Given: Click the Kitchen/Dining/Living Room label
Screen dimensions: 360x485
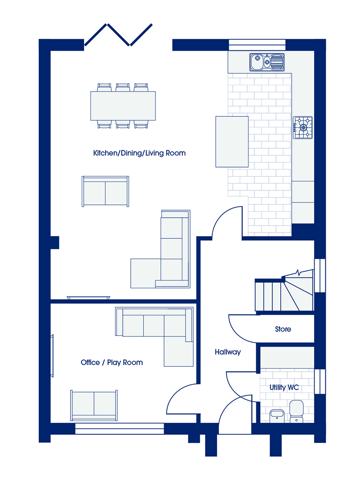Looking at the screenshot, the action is point(139,153).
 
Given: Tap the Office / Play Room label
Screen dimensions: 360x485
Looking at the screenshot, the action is point(112,362).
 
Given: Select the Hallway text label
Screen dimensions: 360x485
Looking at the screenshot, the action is point(228,352).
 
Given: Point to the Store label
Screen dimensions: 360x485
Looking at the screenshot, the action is point(283,329).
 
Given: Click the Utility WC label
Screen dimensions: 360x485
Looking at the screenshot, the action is point(284,388).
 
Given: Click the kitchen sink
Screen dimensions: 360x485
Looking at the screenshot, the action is point(267,62).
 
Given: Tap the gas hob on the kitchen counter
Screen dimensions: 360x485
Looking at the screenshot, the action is point(303,128).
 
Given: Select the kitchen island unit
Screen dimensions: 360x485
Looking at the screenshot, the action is point(232,141).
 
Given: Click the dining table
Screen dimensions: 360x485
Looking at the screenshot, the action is point(123,106).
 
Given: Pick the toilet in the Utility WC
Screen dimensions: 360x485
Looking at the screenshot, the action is point(297,411).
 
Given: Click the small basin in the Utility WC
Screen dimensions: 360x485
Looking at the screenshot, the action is point(277,416).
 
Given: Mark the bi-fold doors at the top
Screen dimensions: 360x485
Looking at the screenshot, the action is point(119,35).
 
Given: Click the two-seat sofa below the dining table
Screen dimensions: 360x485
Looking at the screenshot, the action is point(105,191).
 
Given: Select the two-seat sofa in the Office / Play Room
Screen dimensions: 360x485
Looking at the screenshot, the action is point(94,405).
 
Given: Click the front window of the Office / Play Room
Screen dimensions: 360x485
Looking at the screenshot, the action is point(120,429).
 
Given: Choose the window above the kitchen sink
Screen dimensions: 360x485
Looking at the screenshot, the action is point(257,44).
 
